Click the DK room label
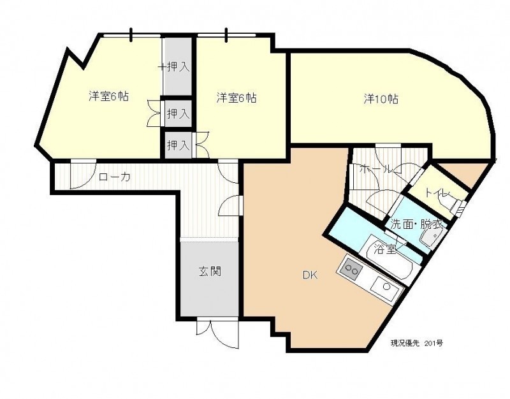click(310, 275)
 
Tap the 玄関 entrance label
click(210, 271)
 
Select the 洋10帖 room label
click(381, 99)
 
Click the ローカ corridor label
click(115, 177)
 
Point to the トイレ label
click(437, 194)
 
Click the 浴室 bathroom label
click(385, 249)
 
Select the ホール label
click(375, 169)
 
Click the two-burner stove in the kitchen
click(351, 268)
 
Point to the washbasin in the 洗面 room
click(432, 237)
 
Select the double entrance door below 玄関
click(217, 333)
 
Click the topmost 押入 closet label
click(178, 67)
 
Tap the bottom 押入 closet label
click(178, 145)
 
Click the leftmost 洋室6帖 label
click(108, 97)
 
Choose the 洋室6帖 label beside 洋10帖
click(237, 98)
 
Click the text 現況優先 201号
click(416, 343)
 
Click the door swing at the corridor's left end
click(84, 174)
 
